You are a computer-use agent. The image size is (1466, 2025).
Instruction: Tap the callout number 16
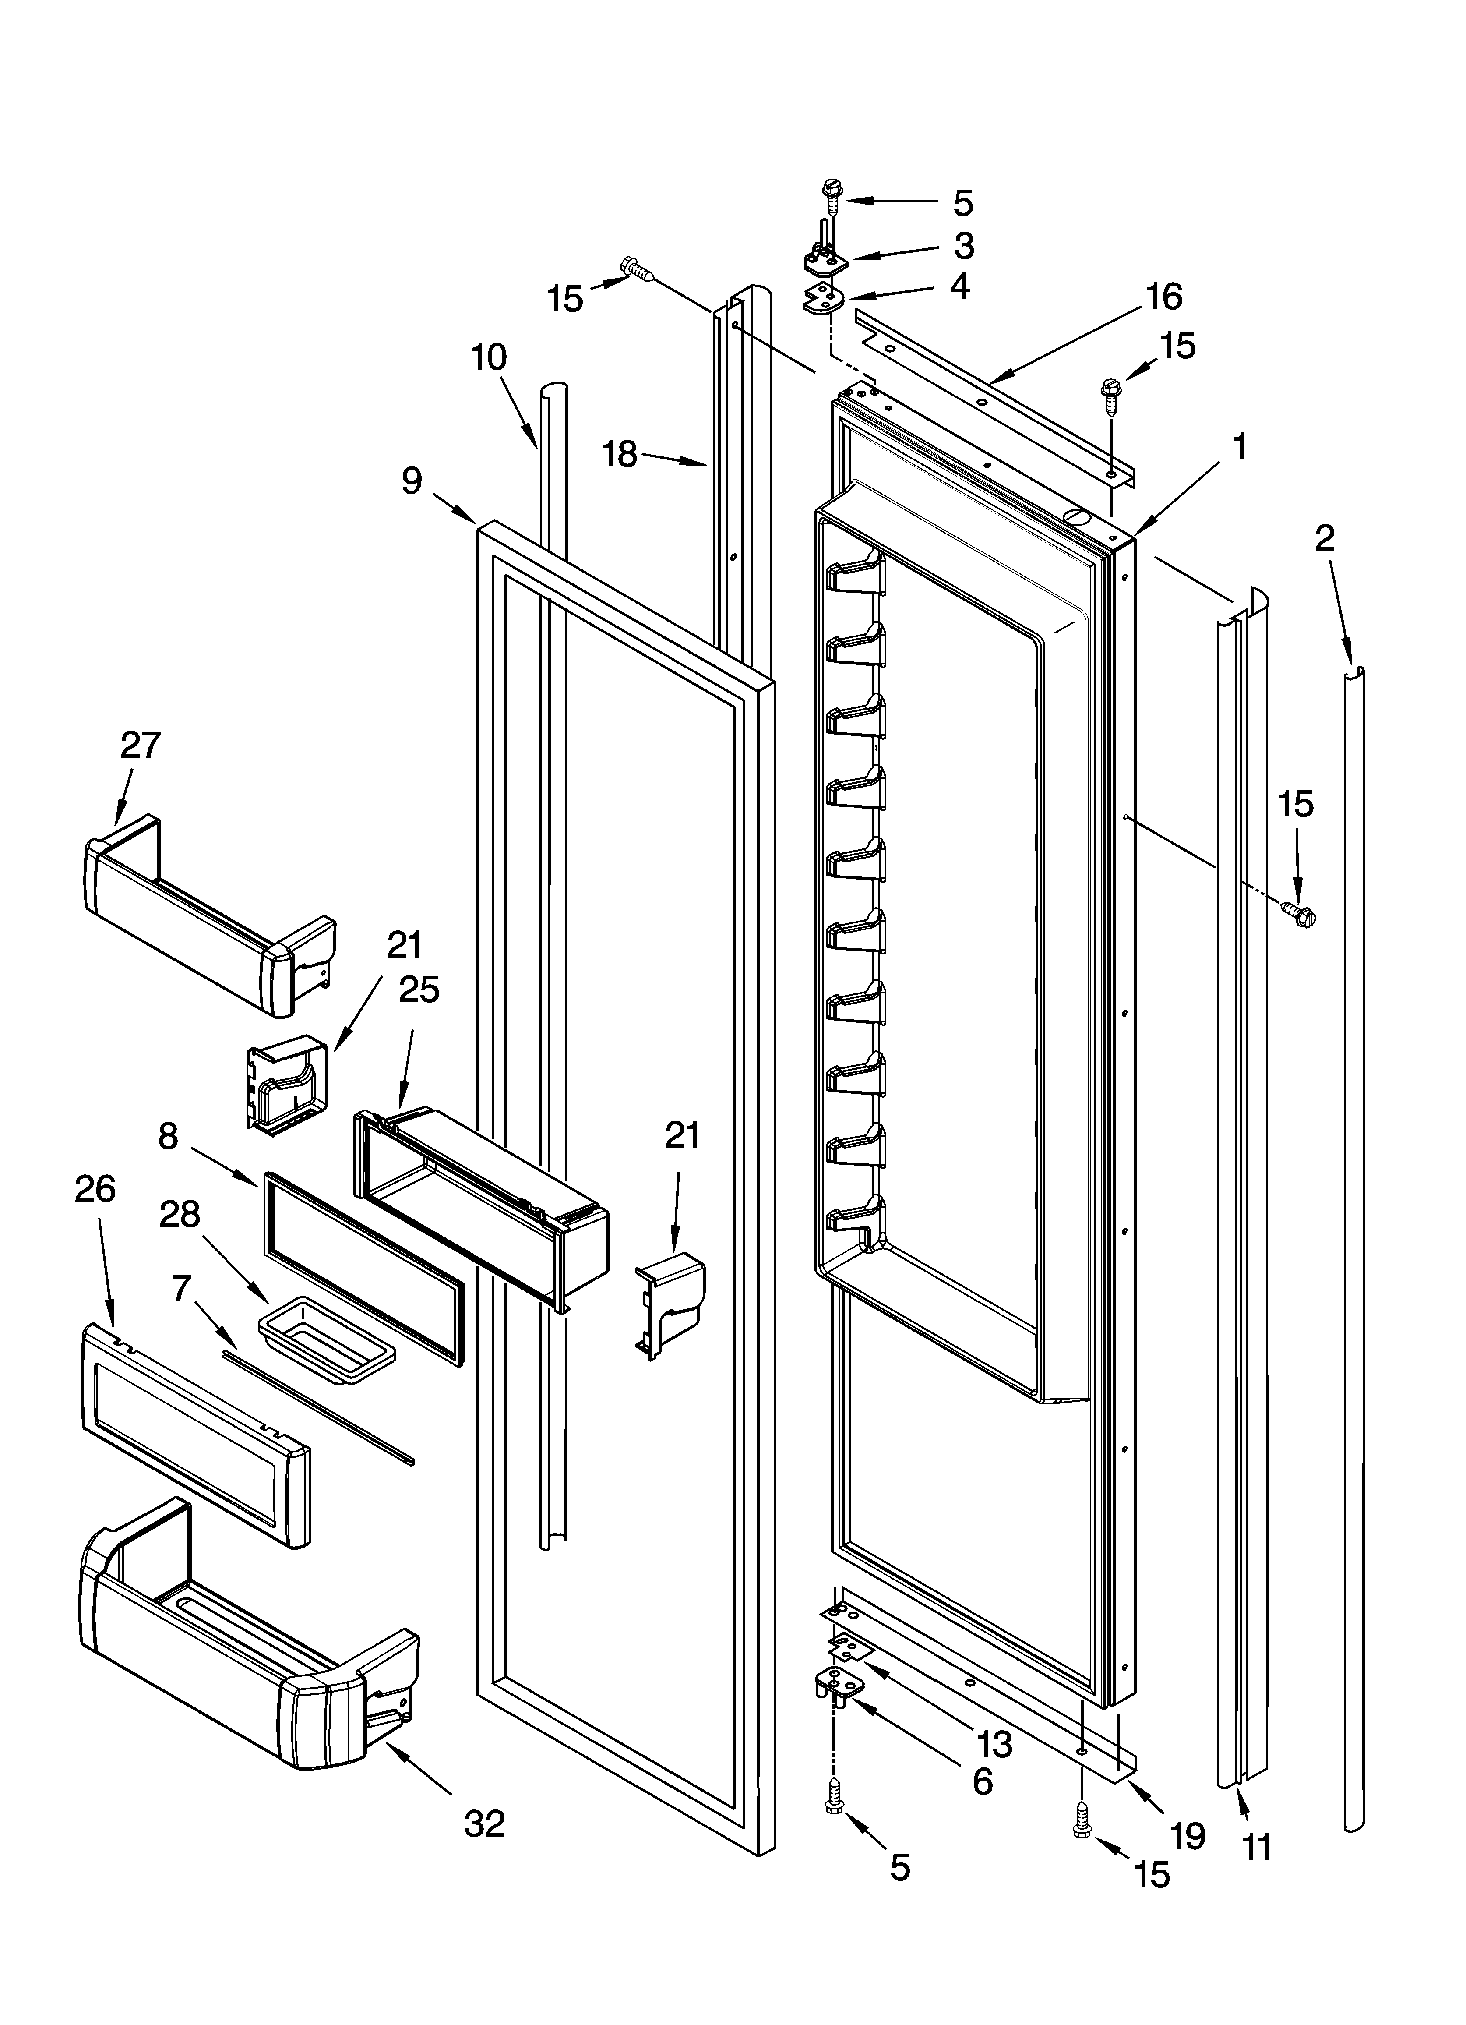click(1164, 297)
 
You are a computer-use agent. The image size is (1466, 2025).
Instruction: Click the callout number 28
click(180, 1214)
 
